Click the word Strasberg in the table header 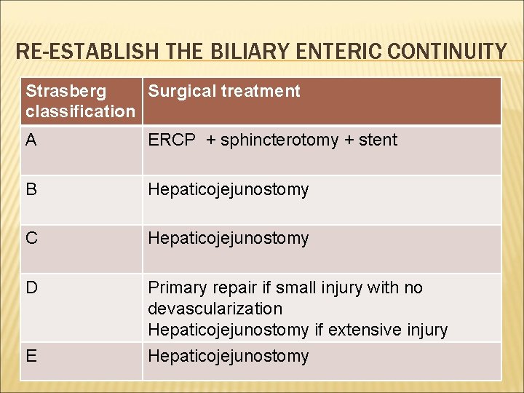tap(65, 91)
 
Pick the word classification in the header tap(80, 111)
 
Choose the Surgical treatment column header tap(224, 91)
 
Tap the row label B tap(31, 189)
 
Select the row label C tap(31, 238)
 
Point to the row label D tap(31, 287)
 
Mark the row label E tap(31, 356)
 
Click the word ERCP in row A tap(172, 140)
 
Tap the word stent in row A tap(378, 140)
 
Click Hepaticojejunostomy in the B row tap(229, 190)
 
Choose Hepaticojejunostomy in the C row tap(229, 239)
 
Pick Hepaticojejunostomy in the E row tap(229, 357)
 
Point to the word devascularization tap(215, 309)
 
